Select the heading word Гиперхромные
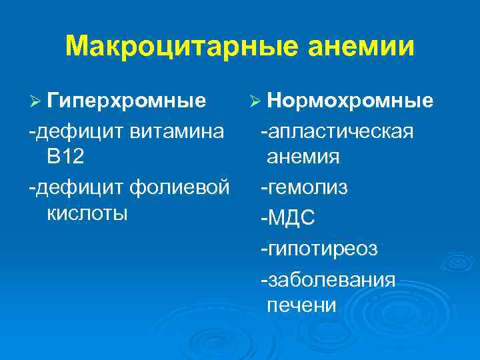point(127,101)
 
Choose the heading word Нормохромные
point(350,101)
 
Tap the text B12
point(65,157)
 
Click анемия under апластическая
point(303,157)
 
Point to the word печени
point(301,305)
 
